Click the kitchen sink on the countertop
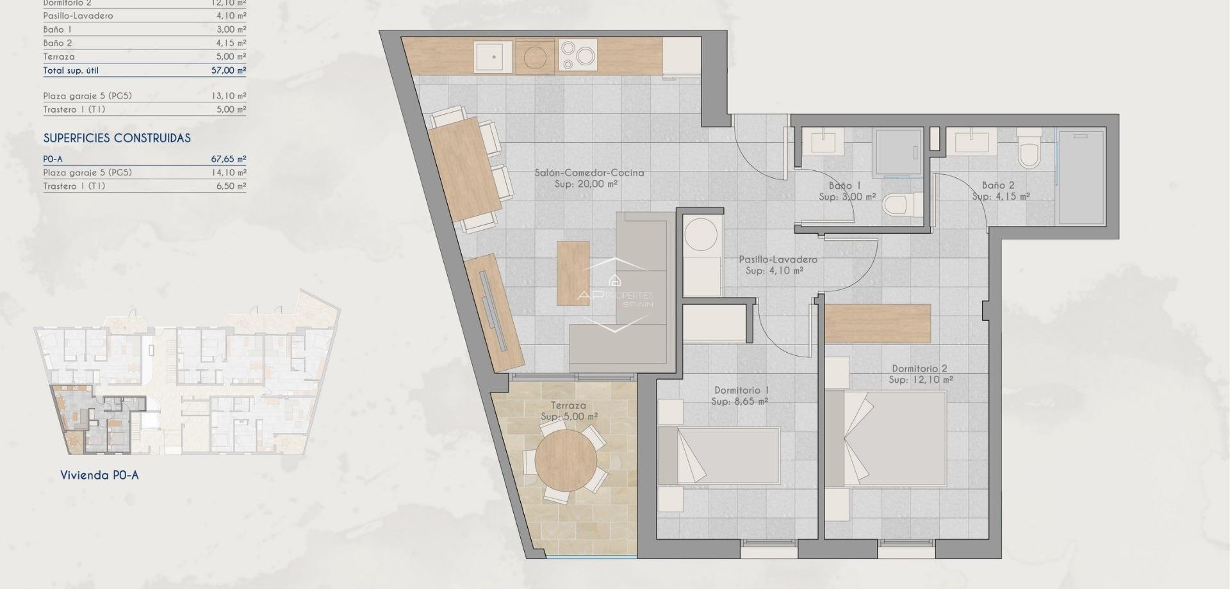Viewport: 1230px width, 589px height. [493, 57]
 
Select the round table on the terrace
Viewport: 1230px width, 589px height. [566, 460]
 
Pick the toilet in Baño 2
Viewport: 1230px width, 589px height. [1029, 150]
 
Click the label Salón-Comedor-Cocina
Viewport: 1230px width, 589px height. [589, 173]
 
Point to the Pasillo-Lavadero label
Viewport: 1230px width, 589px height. [778, 259]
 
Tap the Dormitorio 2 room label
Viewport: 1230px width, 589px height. [919, 369]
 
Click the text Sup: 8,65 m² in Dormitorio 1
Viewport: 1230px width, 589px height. [739, 401]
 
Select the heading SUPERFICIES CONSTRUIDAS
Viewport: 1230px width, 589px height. [117, 138]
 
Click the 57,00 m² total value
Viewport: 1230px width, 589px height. [229, 70]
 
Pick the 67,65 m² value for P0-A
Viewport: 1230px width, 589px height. [229, 159]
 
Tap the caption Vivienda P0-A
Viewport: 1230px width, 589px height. [99, 475]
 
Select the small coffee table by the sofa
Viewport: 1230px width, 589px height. [573, 273]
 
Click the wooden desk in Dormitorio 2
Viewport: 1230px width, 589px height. [877, 323]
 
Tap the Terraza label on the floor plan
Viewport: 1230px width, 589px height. [568, 405]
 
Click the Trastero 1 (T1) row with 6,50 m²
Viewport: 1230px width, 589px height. [144, 186]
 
